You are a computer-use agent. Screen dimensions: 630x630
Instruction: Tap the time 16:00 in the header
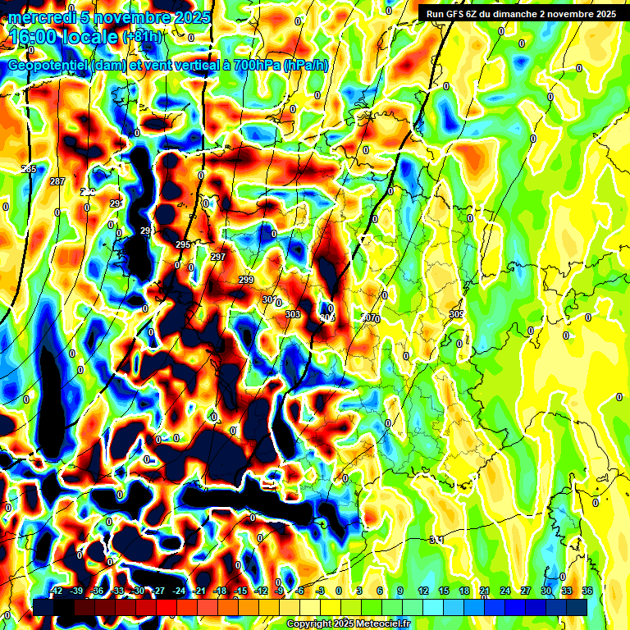(34, 36)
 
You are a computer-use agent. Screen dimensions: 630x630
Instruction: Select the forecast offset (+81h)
(142, 37)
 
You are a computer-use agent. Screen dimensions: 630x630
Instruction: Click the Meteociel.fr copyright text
(348, 624)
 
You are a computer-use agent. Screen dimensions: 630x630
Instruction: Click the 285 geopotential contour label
(29, 169)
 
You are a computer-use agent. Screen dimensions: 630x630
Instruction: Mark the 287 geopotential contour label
(57, 181)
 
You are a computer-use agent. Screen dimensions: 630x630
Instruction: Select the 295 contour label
(183, 244)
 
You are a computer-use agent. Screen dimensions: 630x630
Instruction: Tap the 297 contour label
(217, 257)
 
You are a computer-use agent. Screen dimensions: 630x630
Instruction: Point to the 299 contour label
(246, 281)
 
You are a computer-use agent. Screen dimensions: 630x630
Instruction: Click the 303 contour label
(293, 314)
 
